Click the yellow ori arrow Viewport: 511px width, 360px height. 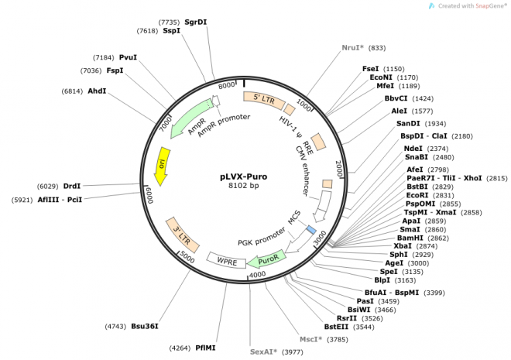161,166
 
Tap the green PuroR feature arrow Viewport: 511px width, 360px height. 267,259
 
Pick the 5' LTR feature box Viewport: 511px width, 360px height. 260,99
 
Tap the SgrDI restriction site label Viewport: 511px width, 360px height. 195,22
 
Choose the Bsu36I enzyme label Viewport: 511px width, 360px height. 144,326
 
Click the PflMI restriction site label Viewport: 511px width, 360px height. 205,348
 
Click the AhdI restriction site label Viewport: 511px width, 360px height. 97,91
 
